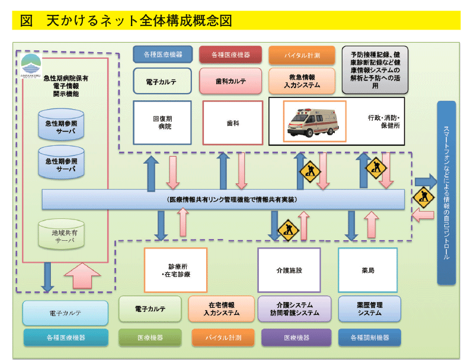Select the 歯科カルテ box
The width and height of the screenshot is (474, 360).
(231, 81)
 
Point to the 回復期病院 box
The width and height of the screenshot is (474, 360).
(162, 123)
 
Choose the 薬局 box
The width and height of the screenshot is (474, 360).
(367, 270)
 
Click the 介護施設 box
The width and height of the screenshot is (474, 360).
(289, 270)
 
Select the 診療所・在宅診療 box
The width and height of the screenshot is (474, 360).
(175, 270)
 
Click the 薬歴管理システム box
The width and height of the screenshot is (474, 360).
(370, 308)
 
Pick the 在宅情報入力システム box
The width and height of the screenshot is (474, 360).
(222, 308)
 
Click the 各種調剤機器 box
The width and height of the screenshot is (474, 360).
(370, 337)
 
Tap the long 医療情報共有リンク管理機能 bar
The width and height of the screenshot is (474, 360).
(223, 200)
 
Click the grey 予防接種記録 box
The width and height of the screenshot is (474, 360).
(374, 70)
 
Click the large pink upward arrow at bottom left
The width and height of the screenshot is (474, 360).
(82, 278)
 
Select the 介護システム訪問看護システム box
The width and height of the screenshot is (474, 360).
(294, 308)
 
